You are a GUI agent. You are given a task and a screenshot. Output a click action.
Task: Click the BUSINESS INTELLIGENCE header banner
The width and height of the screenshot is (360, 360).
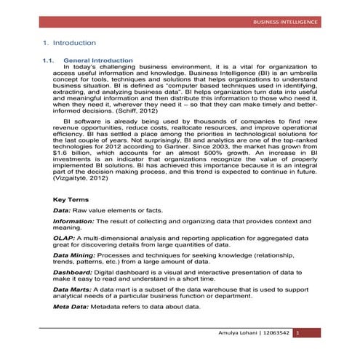pyautogui.click(x=284, y=23)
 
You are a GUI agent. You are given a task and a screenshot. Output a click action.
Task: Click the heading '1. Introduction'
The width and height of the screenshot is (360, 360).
pyautogui.click(x=70, y=44)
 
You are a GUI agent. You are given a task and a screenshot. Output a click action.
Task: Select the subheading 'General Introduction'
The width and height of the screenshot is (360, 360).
pyautogui.click(x=98, y=60)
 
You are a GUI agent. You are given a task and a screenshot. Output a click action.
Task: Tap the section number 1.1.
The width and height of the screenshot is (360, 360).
pyautogui.click(x=49, y=60)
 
